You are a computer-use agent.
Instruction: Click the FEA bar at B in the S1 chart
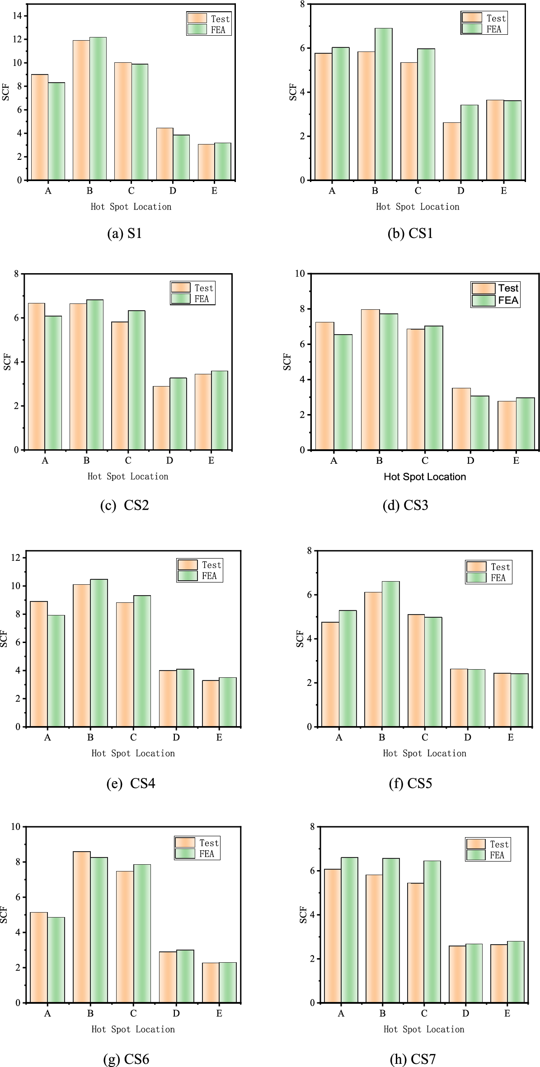coord(98,109)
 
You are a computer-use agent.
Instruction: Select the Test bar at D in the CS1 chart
coord(452,152)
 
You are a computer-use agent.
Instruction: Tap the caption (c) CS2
coord(124,505)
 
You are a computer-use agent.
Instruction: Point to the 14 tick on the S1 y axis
coord(17,16)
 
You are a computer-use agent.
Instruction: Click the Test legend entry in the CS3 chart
coord(495,288)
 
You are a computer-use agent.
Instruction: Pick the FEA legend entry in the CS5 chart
coord(488,578)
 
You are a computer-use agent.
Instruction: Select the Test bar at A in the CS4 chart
coord(39,664)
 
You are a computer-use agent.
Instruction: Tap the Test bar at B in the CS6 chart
coord(82,927)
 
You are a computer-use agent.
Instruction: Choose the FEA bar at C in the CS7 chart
coord(432,932)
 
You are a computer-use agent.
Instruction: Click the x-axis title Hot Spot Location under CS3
coord(424,477)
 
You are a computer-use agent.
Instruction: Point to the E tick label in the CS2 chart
coord(211,461)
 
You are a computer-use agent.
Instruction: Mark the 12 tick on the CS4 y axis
coord(15,558)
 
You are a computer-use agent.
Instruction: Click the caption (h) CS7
coord(412,1059)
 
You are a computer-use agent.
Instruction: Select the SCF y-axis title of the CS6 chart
coord(4,914)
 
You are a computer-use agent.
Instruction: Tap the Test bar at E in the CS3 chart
coord(507,425)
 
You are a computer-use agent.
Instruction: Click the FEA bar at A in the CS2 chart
coord(53,383)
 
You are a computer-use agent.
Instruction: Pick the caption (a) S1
coord(124,233)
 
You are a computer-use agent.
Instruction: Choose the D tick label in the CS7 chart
coord(465,1013)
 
